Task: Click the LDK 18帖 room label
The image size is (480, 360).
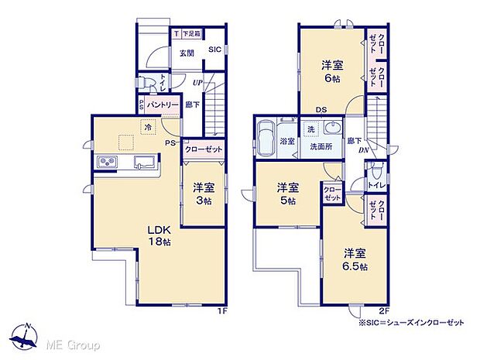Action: coord(159,235)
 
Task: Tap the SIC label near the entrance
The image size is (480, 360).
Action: coord(214,49)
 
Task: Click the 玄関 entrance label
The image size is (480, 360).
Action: coord(187,53)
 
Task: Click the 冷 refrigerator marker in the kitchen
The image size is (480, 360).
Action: coord(146,125)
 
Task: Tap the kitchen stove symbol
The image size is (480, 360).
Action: coord(106,163)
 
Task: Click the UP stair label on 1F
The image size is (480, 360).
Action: coord(197,82)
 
